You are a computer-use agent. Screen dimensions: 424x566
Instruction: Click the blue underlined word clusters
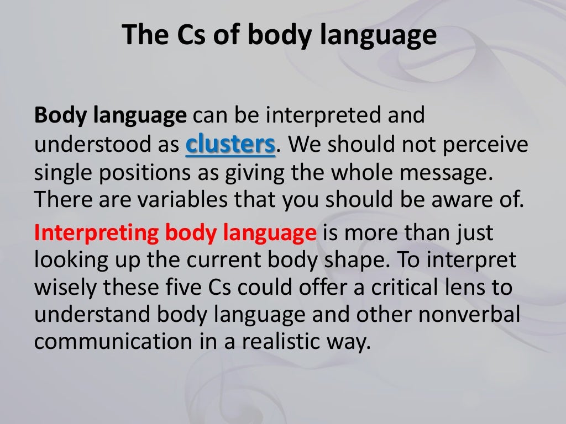(x=230, y=145)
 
